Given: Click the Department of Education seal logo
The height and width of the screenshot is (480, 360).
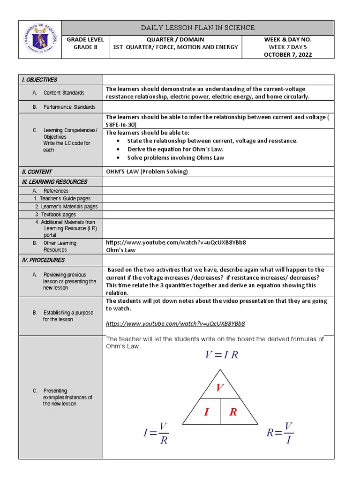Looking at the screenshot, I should point(40,39).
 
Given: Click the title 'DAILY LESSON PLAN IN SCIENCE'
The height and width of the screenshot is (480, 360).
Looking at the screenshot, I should point(198,28).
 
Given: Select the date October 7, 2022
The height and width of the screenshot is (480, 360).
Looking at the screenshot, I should point(294,55).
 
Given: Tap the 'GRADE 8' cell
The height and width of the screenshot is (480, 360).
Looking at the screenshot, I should point(85,47).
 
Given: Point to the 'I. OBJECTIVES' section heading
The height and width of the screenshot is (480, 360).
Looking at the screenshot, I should point(39,80).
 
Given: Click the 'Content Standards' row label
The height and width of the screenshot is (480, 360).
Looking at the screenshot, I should point(64,93).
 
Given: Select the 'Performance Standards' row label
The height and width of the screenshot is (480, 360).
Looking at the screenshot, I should point(69,107).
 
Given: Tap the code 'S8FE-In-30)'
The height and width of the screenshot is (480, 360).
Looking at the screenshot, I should point(123,125).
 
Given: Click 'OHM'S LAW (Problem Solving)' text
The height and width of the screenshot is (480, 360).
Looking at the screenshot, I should point(147,172).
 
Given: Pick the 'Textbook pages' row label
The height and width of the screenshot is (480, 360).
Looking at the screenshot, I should point(58,215).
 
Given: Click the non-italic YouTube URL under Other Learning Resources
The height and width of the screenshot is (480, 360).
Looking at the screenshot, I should point(176,243).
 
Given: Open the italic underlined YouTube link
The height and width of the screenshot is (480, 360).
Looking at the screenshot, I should point(175,323).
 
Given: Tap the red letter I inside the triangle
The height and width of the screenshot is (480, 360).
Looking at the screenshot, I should point(206,412).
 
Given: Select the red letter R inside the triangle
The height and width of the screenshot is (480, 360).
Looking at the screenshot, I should point(233,412).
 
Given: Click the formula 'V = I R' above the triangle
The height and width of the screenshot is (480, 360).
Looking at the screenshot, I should point(221,355).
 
